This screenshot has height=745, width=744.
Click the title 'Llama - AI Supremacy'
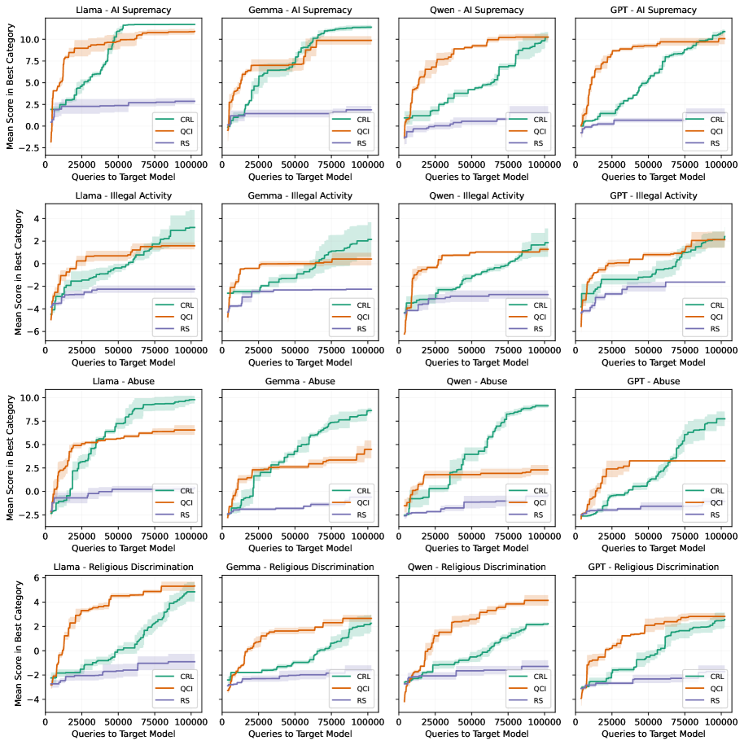(120, 11)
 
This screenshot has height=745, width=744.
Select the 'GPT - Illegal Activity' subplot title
(649, 195)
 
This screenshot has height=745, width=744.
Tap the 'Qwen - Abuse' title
(472, 381)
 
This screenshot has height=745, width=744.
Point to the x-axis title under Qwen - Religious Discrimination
(472, 734)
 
